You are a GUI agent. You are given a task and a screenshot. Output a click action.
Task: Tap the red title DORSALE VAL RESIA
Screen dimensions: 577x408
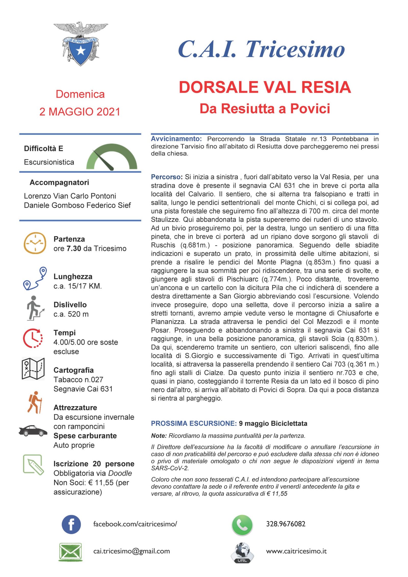pyautogui.click(x=265, y=87)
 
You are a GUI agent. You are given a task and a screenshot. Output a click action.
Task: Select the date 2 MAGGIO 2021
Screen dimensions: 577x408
pyautogui.click(x=80, y=112)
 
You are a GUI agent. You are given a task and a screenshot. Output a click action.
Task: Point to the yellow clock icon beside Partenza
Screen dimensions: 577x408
pyautogui.click(x=35, y=243)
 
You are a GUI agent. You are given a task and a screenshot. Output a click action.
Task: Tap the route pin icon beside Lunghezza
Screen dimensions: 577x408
pyautogui.click(x=35, y=278)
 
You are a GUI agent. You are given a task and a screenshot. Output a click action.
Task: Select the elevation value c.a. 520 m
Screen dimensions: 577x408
pyautogui.click(x=71, y=314)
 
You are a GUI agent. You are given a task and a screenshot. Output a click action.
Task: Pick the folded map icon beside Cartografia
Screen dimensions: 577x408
pyautogui.click(x=33, y=369)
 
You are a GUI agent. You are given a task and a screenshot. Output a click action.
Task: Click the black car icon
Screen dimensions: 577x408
pyautogui.click(x=33, y=431)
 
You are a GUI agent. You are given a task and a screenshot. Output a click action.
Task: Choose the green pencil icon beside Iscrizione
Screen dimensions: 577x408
pyautogui.click(x=33, y=465)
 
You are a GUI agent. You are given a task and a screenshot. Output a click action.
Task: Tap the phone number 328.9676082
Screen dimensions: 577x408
pyautogui.click(x=286, y=524)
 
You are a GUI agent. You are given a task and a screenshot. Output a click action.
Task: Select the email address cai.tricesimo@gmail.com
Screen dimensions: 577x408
pyautogui.click(x=131, y=551)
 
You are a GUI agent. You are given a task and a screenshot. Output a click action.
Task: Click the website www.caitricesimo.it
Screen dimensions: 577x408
pyautogui.click(x=296, y=551)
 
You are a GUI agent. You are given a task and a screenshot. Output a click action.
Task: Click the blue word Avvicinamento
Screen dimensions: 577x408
pyautogui.click(x=176, y=139)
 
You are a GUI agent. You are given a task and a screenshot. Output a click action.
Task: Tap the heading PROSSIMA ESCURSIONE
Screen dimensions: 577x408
pyautogui.click(x=194, y=424)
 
